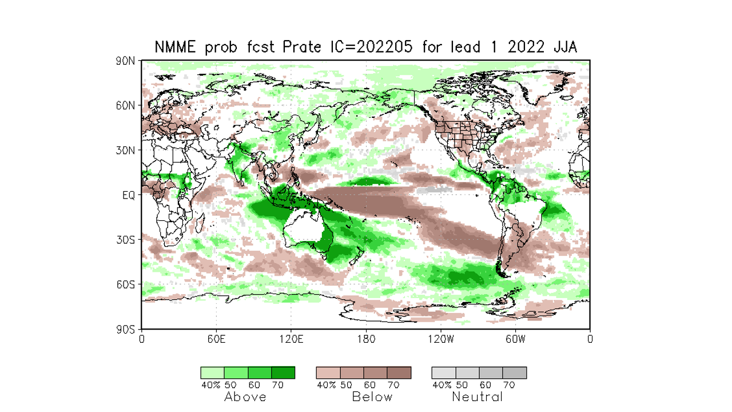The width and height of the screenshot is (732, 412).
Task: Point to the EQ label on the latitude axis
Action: click(129, 195)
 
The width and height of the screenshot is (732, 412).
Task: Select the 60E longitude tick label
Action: click(216, 339)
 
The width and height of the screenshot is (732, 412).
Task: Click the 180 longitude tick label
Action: click(366, 339)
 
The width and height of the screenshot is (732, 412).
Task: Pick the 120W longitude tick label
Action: click(440, 339)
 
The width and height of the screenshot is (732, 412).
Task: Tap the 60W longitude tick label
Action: click(515, 339)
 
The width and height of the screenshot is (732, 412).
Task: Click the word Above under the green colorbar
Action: click(245, 397)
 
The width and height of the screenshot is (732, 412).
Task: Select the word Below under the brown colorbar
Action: click(372, 397)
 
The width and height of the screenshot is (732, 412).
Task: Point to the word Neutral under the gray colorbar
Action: click(478, 397)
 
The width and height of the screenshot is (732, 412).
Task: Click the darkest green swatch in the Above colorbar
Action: click(283, 373)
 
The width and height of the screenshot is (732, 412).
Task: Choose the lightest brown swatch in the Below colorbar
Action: click(328, 373)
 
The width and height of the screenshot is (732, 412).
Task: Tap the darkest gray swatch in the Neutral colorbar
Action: click(515, 373)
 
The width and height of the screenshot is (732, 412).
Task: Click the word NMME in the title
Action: click(175, 47)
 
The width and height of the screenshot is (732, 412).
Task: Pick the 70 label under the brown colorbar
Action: click(393, 385)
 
